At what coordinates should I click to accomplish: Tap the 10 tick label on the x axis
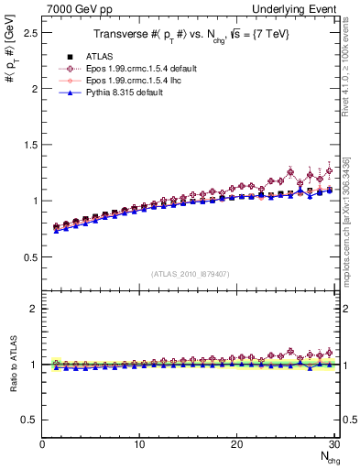(x=139, y=444)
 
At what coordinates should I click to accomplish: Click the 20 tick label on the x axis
(x=236, y=444)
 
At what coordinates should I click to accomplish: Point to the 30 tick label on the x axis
(x=333, y=444)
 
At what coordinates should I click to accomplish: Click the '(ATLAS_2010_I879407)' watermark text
(x=191, y=275)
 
